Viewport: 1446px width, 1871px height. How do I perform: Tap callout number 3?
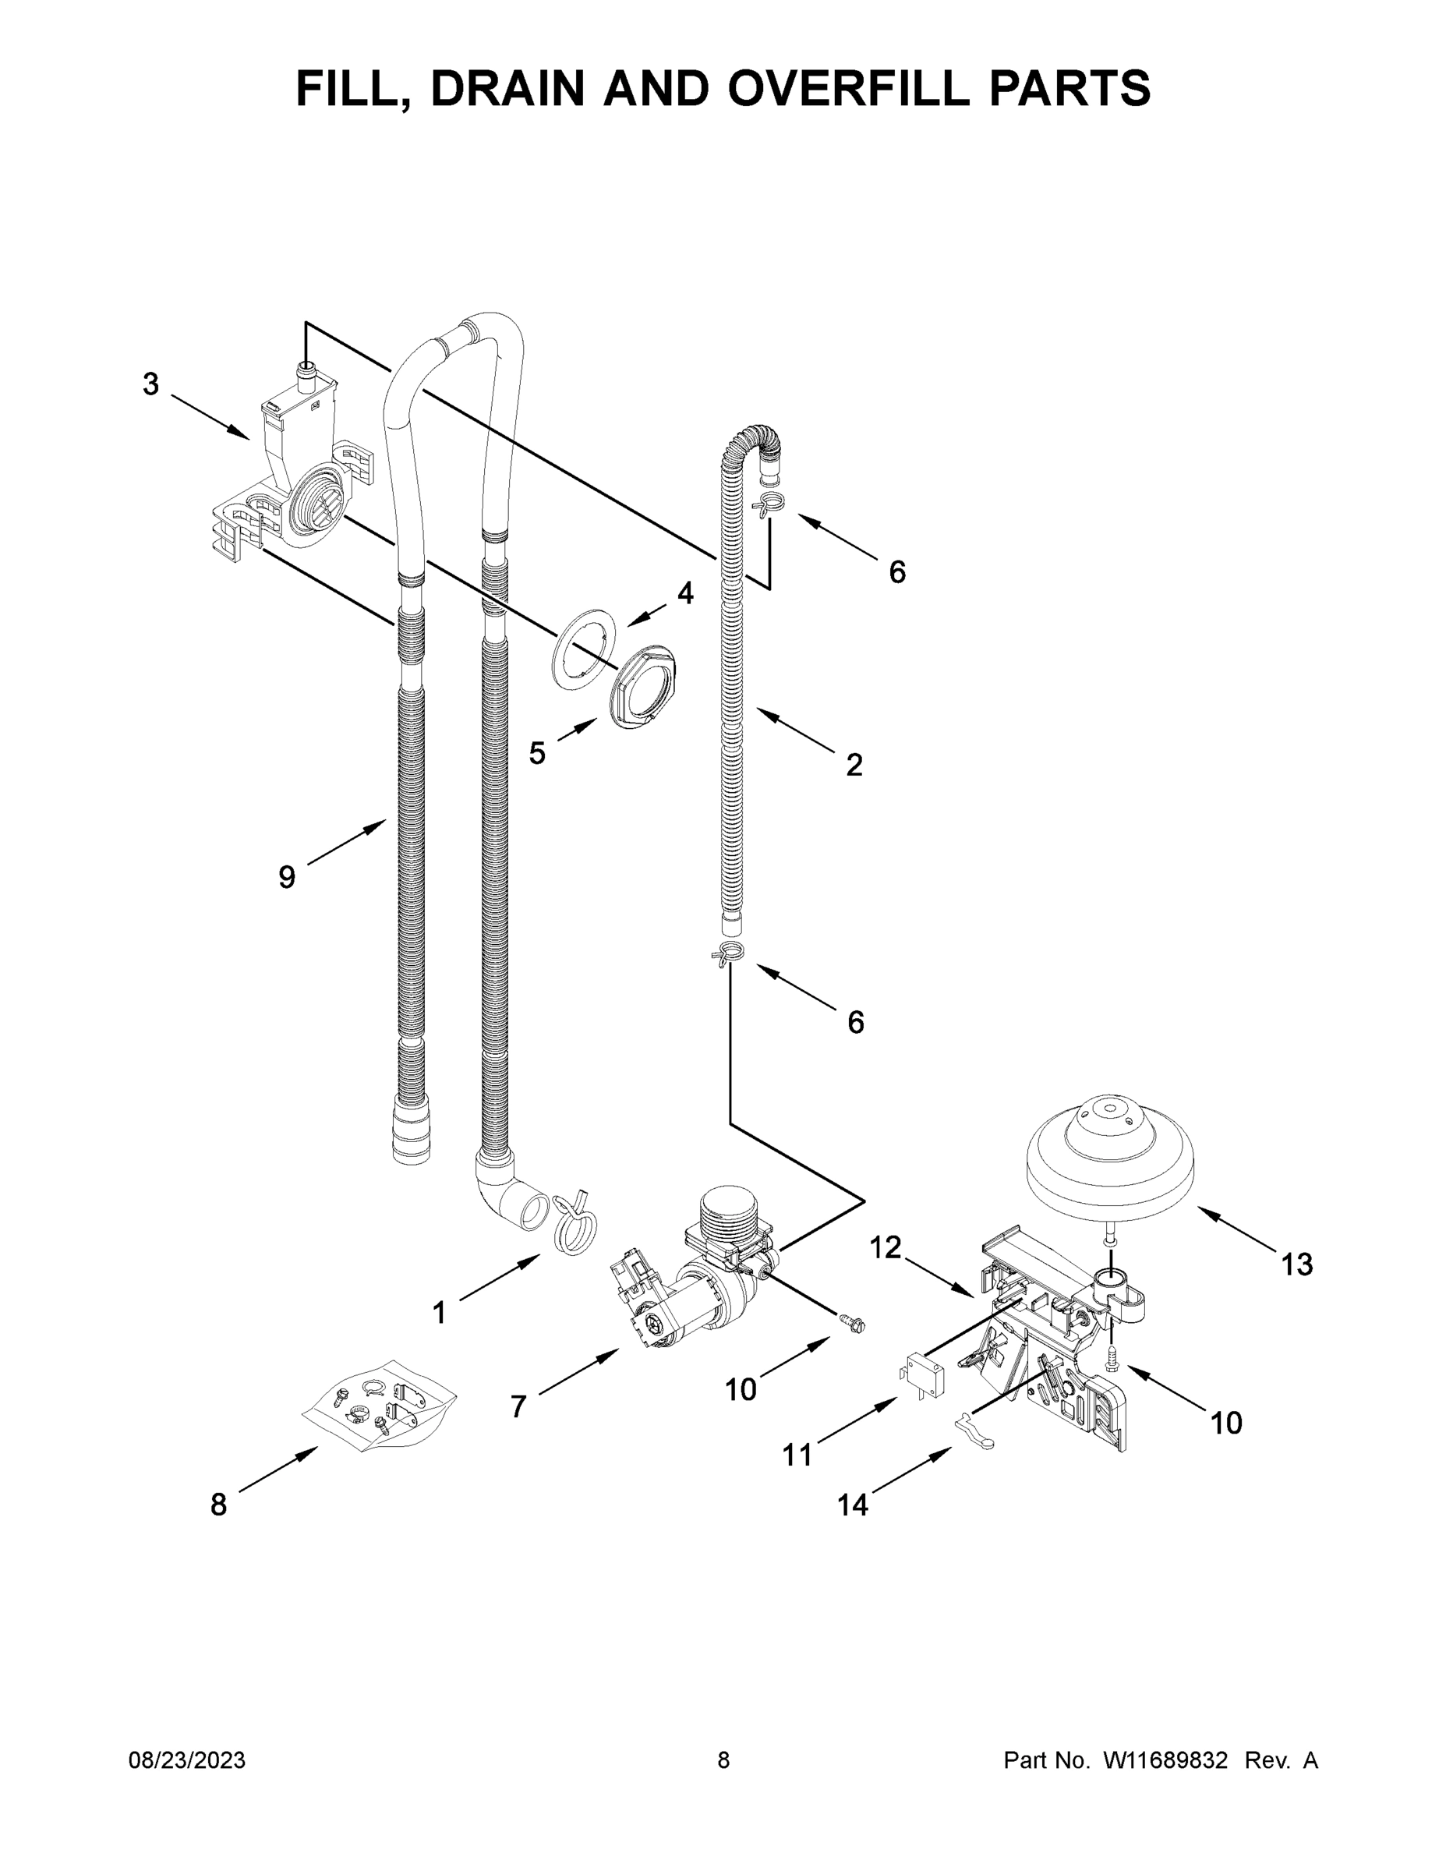click(150, 384)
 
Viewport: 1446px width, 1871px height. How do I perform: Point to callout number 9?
click(286, 876)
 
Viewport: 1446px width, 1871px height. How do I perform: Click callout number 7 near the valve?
click(518, 1406)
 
